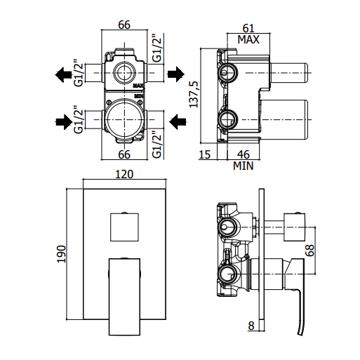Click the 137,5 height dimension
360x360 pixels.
pos(194,95)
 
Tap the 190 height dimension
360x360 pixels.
pos(62,254)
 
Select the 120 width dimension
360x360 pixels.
pos(124,174)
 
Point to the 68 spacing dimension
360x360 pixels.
pos(310,251)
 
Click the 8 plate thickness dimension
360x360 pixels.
pos(251,326)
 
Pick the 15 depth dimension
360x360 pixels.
pos(205,154)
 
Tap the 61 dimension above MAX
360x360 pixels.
pos(248,29)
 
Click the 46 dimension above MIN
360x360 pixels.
pos(244,154)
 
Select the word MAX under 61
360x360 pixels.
pos(248,39)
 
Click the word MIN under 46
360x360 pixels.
pos(244,166)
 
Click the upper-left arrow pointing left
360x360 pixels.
pos(63,75)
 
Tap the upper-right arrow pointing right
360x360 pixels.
pos(176,74)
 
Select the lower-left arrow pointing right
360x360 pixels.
pos(64,122)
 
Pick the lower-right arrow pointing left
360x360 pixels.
pos(178,121)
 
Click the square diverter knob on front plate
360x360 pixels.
pos(124,227)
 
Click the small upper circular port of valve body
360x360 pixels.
pos(124,73)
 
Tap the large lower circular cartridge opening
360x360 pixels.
pos(124,119)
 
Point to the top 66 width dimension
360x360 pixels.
pos(124,25)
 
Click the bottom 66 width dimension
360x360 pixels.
pos(124,154)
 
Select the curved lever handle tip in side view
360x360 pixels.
pos(300,333)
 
